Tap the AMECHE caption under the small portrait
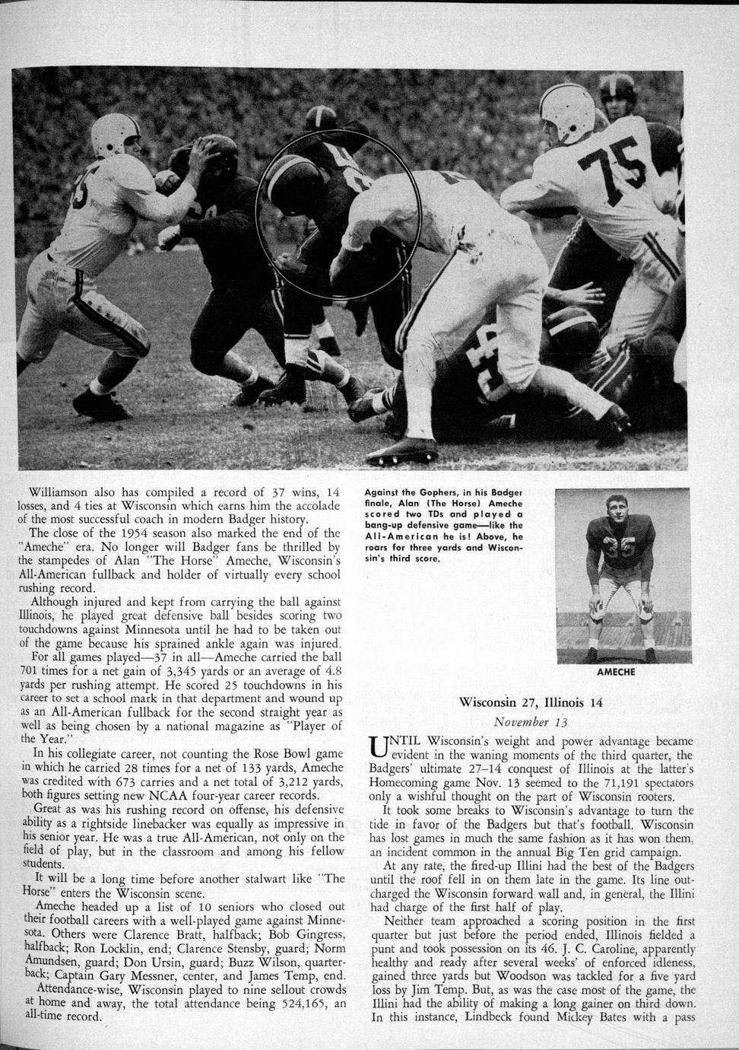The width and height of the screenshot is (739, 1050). point(616,672)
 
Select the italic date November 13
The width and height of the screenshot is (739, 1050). point(531,721)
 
